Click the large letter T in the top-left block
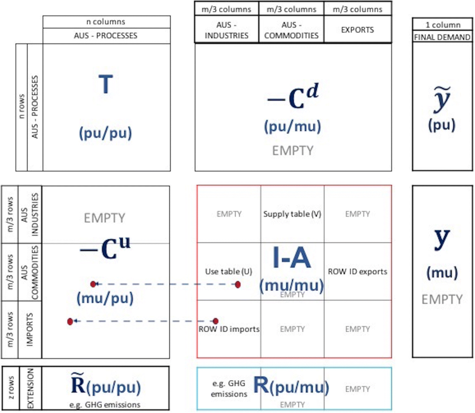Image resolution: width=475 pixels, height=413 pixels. [x=105, y=85]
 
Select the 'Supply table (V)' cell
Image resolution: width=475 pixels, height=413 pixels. [x=292, y=214]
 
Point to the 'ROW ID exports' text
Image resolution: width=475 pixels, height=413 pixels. [x=357, y=271]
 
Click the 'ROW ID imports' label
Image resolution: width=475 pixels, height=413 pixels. [x=229, y=329]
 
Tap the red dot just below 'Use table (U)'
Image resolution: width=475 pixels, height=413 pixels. [x=238, y=284]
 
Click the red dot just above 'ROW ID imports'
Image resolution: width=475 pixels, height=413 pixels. [x=215, y=321]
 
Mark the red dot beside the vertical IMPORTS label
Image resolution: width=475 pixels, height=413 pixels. [x=70, y=321]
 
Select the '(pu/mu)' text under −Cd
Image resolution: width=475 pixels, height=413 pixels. [x=292, y=127]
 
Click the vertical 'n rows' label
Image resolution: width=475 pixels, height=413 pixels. [x=21, y=107]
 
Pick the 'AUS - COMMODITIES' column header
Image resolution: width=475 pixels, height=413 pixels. [x=292, y=29]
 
